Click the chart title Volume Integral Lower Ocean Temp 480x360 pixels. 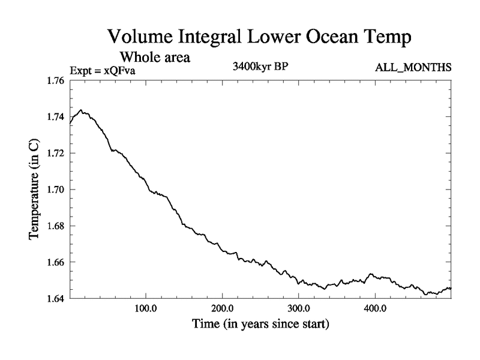pyautogui.click(x=259, y=37)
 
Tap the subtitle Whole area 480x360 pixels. pyautogui.click(x=155, y=58)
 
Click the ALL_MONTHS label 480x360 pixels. pyautogui.click(x=413, y=67)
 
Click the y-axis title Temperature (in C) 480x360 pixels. pyautogui.click(x=35, y=189)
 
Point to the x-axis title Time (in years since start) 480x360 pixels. pyautogui.click(x=260, y=325)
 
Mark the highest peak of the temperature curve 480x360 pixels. pyautogui.click(x=81, y=110)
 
